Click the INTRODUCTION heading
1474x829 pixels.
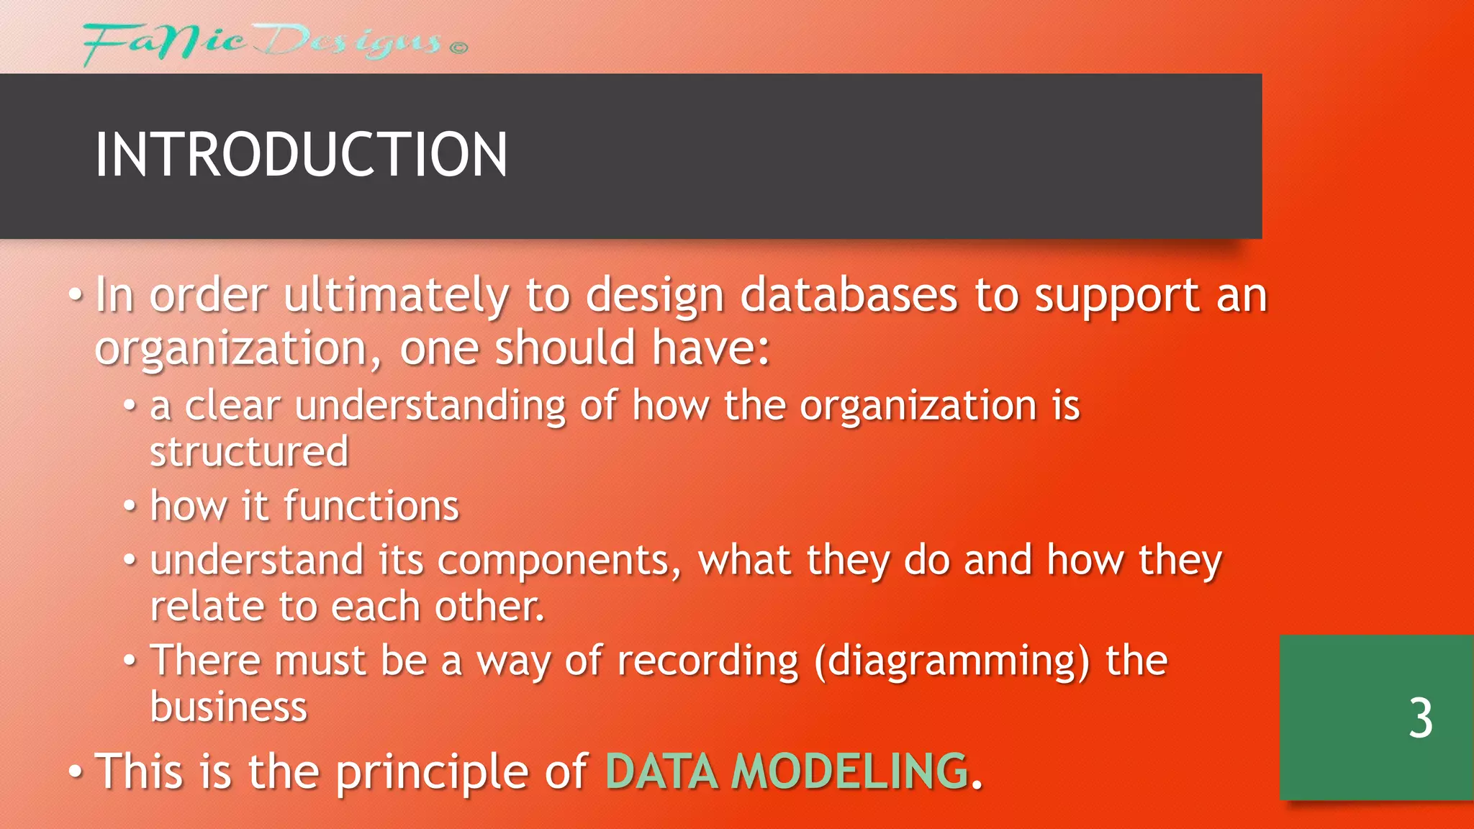click(x=301, y=155)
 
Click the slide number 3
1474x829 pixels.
click(x=1420, y=718)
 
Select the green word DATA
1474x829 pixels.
click(x=661, y=771)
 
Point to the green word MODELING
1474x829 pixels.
click(x=850, y=771)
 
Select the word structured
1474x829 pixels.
click(x=249, y=452)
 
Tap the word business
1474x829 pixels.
click(x=229, y=707)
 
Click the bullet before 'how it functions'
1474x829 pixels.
click(x=130, y=507)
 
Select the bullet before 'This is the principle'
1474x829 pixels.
click(x=76, y=772)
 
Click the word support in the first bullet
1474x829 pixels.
click(x=1116, y=296)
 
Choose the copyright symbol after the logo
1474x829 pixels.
click(x=458, y=48)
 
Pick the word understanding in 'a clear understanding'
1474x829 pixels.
click(x=430, y=406)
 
